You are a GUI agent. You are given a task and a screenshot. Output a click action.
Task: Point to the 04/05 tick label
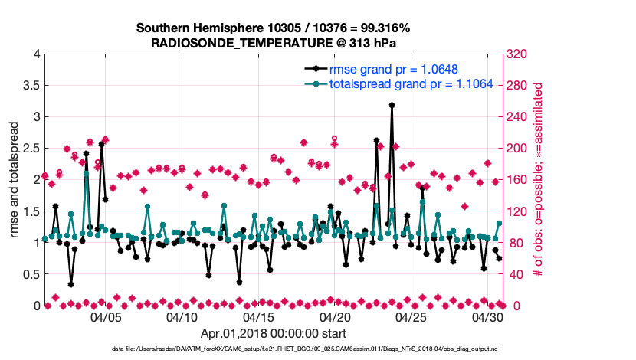click(106, 316)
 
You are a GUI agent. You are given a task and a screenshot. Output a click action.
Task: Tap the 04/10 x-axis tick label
click(182, 316)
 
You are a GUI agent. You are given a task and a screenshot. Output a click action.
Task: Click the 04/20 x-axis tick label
click(336, 316)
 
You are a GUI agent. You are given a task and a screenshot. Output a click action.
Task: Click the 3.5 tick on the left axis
click(31, 85)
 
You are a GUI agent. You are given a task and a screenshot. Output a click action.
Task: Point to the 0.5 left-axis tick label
click(31, 274)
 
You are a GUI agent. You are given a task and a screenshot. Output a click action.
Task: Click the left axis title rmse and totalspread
click(15, 179)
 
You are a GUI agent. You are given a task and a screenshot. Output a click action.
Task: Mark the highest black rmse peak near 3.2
click(392, 105)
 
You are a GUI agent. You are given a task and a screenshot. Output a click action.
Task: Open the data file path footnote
click(319, 349)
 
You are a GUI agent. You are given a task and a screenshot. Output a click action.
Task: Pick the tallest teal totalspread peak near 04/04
click(86, 173)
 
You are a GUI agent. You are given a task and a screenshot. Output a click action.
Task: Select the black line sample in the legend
click(312, 70)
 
